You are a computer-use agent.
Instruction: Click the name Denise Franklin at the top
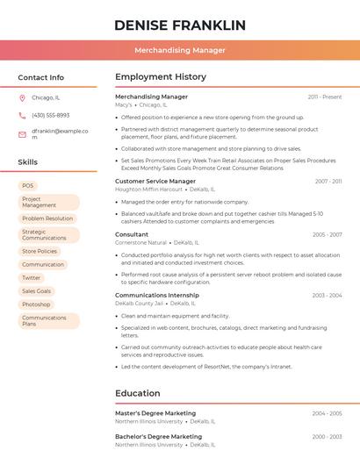[179, 25]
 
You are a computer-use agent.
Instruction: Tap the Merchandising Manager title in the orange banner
[179, 50]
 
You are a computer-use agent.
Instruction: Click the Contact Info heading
[41, 77]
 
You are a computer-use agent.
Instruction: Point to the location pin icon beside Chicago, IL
[22, 98]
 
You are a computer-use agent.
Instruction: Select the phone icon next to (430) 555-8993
[22, 115]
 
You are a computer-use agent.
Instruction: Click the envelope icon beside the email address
[22, 134]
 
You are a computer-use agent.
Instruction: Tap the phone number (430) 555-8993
[50, 115]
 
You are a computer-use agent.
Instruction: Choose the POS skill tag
[28, 186]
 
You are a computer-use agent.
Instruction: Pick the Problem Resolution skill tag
[47, 218]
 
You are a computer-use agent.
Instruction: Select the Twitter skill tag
[32, 277]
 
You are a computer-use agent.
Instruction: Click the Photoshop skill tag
[36, 304]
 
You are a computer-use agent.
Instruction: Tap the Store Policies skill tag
[40, 251]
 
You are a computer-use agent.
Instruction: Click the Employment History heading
[161, 77]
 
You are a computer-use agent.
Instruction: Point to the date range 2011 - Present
[325, 97]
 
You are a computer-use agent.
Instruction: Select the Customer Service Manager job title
[155, 181]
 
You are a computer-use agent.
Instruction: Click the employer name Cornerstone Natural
[140, 242]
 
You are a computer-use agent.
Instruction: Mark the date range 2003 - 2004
[327, 296]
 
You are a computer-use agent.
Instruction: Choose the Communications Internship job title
[157, 296]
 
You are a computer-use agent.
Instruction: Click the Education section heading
[138, 393]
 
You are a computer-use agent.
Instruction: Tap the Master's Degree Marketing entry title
[155, 412]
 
